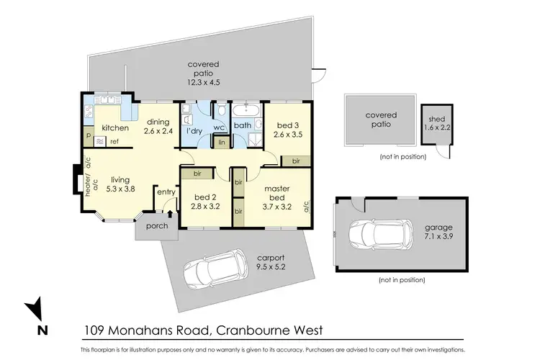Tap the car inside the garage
point(374,233)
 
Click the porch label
point(157,226)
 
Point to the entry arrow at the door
point(169,211)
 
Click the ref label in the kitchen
point(114,141)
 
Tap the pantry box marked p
point(88,135)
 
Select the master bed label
point(276,194)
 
